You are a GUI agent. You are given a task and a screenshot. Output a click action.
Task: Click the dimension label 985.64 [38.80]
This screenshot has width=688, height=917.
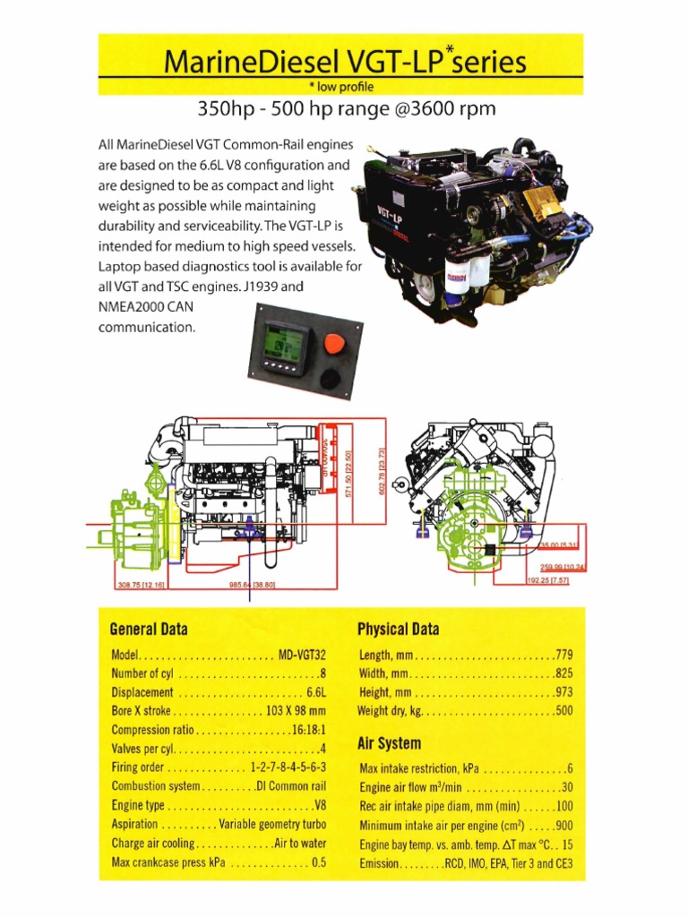[252, 584]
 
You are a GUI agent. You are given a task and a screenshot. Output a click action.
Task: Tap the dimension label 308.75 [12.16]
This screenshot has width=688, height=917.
[141, 584]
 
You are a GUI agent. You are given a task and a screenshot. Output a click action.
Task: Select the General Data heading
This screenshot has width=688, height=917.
[149, 629]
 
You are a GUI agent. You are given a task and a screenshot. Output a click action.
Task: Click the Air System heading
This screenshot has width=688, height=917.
[389, 743]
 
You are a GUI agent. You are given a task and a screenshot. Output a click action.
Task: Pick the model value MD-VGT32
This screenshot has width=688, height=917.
[302, 655]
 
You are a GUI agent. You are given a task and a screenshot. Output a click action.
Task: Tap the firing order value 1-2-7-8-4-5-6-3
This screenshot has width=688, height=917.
[288, 767]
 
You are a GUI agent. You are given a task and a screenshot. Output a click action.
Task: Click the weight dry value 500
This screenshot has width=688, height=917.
[563, 711]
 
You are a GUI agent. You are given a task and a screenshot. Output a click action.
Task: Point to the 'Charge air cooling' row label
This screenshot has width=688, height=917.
[151, 843]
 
